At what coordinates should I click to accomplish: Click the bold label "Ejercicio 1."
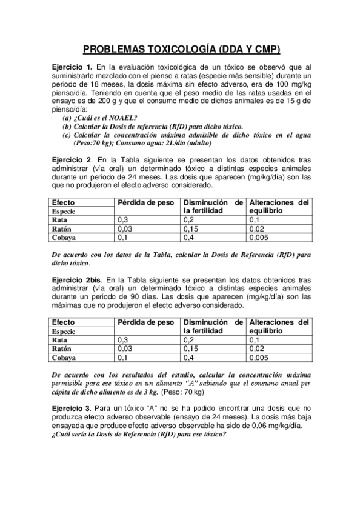pos(72,67)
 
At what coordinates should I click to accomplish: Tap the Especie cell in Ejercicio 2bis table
pos(63,332)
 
